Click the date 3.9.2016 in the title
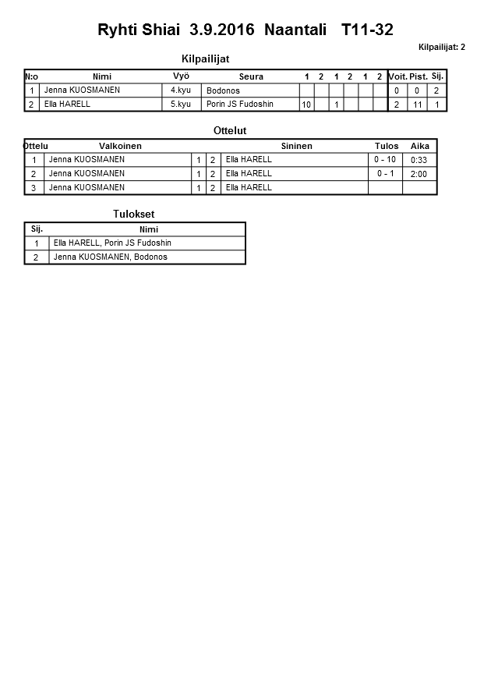click(222, 30)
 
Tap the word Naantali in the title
click(296, 30)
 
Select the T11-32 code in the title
click(367, 30)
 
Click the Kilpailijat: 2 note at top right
click(441, 48)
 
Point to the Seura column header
click(251, 76)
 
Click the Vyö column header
click(181, 76)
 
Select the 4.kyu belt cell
click(181, 90)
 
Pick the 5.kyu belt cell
click(181, 104)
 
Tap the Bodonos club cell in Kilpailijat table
click(223, 90)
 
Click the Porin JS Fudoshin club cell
click(239, 104)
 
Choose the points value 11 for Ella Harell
click(419, 105)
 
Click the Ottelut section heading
click(230, 131)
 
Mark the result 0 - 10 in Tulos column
click(385, 159)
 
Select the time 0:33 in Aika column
click(419, 160)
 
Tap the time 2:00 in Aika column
click(419, 174)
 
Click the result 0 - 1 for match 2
click(385, 173)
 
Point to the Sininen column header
click(296, 146)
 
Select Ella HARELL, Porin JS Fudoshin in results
click(112, 243)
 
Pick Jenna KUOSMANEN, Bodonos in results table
click(110, 257)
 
